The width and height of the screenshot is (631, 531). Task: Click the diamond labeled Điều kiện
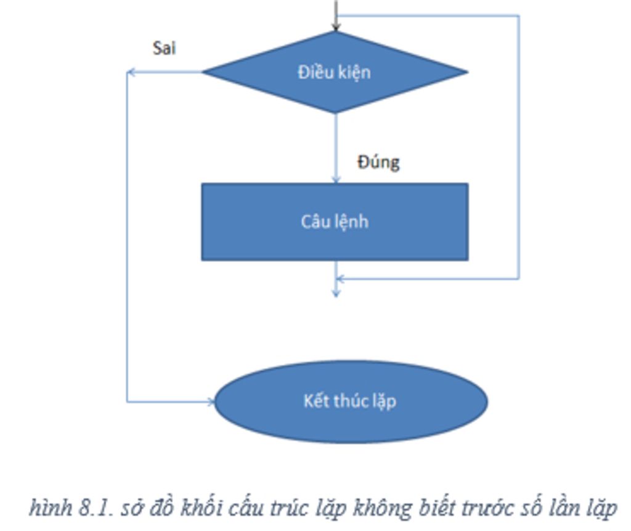[335, 72]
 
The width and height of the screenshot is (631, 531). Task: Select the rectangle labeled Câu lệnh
[335, 221]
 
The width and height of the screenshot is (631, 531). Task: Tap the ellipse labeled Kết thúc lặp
[351, 401]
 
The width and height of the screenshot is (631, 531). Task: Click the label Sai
[164, 48]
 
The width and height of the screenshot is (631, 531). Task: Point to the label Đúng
[378, 162]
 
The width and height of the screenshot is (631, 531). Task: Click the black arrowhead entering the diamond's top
[336, 27]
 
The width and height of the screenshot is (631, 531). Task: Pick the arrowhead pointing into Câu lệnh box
[336, 179]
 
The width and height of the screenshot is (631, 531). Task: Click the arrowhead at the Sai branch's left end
[131, 72]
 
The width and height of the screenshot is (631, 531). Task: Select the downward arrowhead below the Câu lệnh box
[336, 293]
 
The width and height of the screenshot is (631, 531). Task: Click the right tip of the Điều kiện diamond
[467, 72]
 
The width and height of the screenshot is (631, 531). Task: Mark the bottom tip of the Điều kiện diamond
[335, 113]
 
